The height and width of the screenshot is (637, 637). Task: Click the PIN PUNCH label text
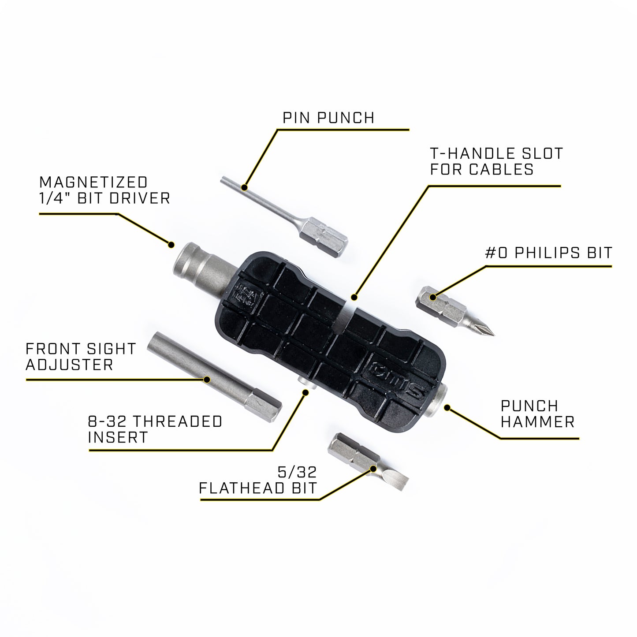[x=328, y=118]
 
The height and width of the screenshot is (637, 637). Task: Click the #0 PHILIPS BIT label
[x=548, y=253]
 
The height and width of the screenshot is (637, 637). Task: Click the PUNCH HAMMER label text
[x=537, y=413]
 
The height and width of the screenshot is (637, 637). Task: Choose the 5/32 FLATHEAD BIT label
[x=258, y=481]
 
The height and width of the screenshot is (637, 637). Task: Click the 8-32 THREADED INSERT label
[x=155, y=429]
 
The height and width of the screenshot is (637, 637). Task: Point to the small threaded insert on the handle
[x=305, y=383]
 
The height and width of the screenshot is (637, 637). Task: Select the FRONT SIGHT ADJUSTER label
[x=81, y=357]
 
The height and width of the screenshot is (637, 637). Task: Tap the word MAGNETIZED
[x=93, y=182]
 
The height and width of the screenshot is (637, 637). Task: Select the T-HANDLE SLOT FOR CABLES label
[x=496, y=161]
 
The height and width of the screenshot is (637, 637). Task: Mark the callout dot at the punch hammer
[x=447, y=408]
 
